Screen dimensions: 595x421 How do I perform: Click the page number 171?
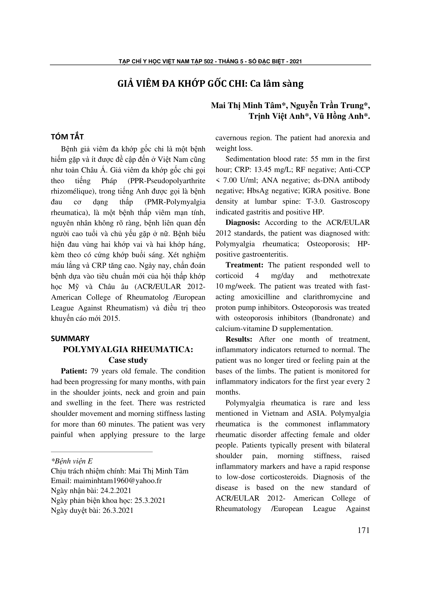point(363,530)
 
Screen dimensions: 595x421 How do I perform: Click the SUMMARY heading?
point(70,338)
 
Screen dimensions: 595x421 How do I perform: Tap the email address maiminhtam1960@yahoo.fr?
point(118,481)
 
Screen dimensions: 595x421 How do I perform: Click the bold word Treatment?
point(244,265)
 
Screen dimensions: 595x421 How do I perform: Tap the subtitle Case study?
point(128,360)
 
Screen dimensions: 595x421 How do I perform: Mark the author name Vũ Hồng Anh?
point(338,116)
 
